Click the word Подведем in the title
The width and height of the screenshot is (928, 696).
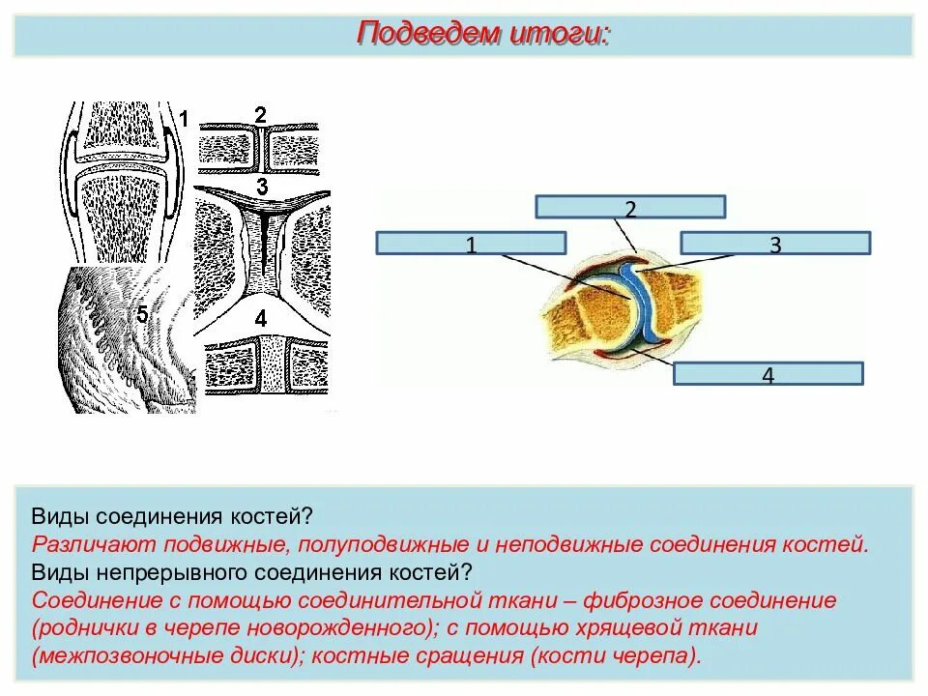click(425, 35)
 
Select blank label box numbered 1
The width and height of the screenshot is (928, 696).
click(470, 243)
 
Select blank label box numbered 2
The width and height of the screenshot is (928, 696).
click(630, 207)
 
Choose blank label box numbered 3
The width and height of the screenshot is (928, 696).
click(774, 243)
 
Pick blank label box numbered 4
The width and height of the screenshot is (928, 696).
click(768, 374)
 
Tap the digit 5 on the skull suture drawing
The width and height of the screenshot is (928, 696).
click(142, 315)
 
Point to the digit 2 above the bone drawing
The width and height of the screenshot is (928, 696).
click(260, 115)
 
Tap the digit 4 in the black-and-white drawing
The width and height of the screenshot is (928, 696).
click(260, 318)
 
